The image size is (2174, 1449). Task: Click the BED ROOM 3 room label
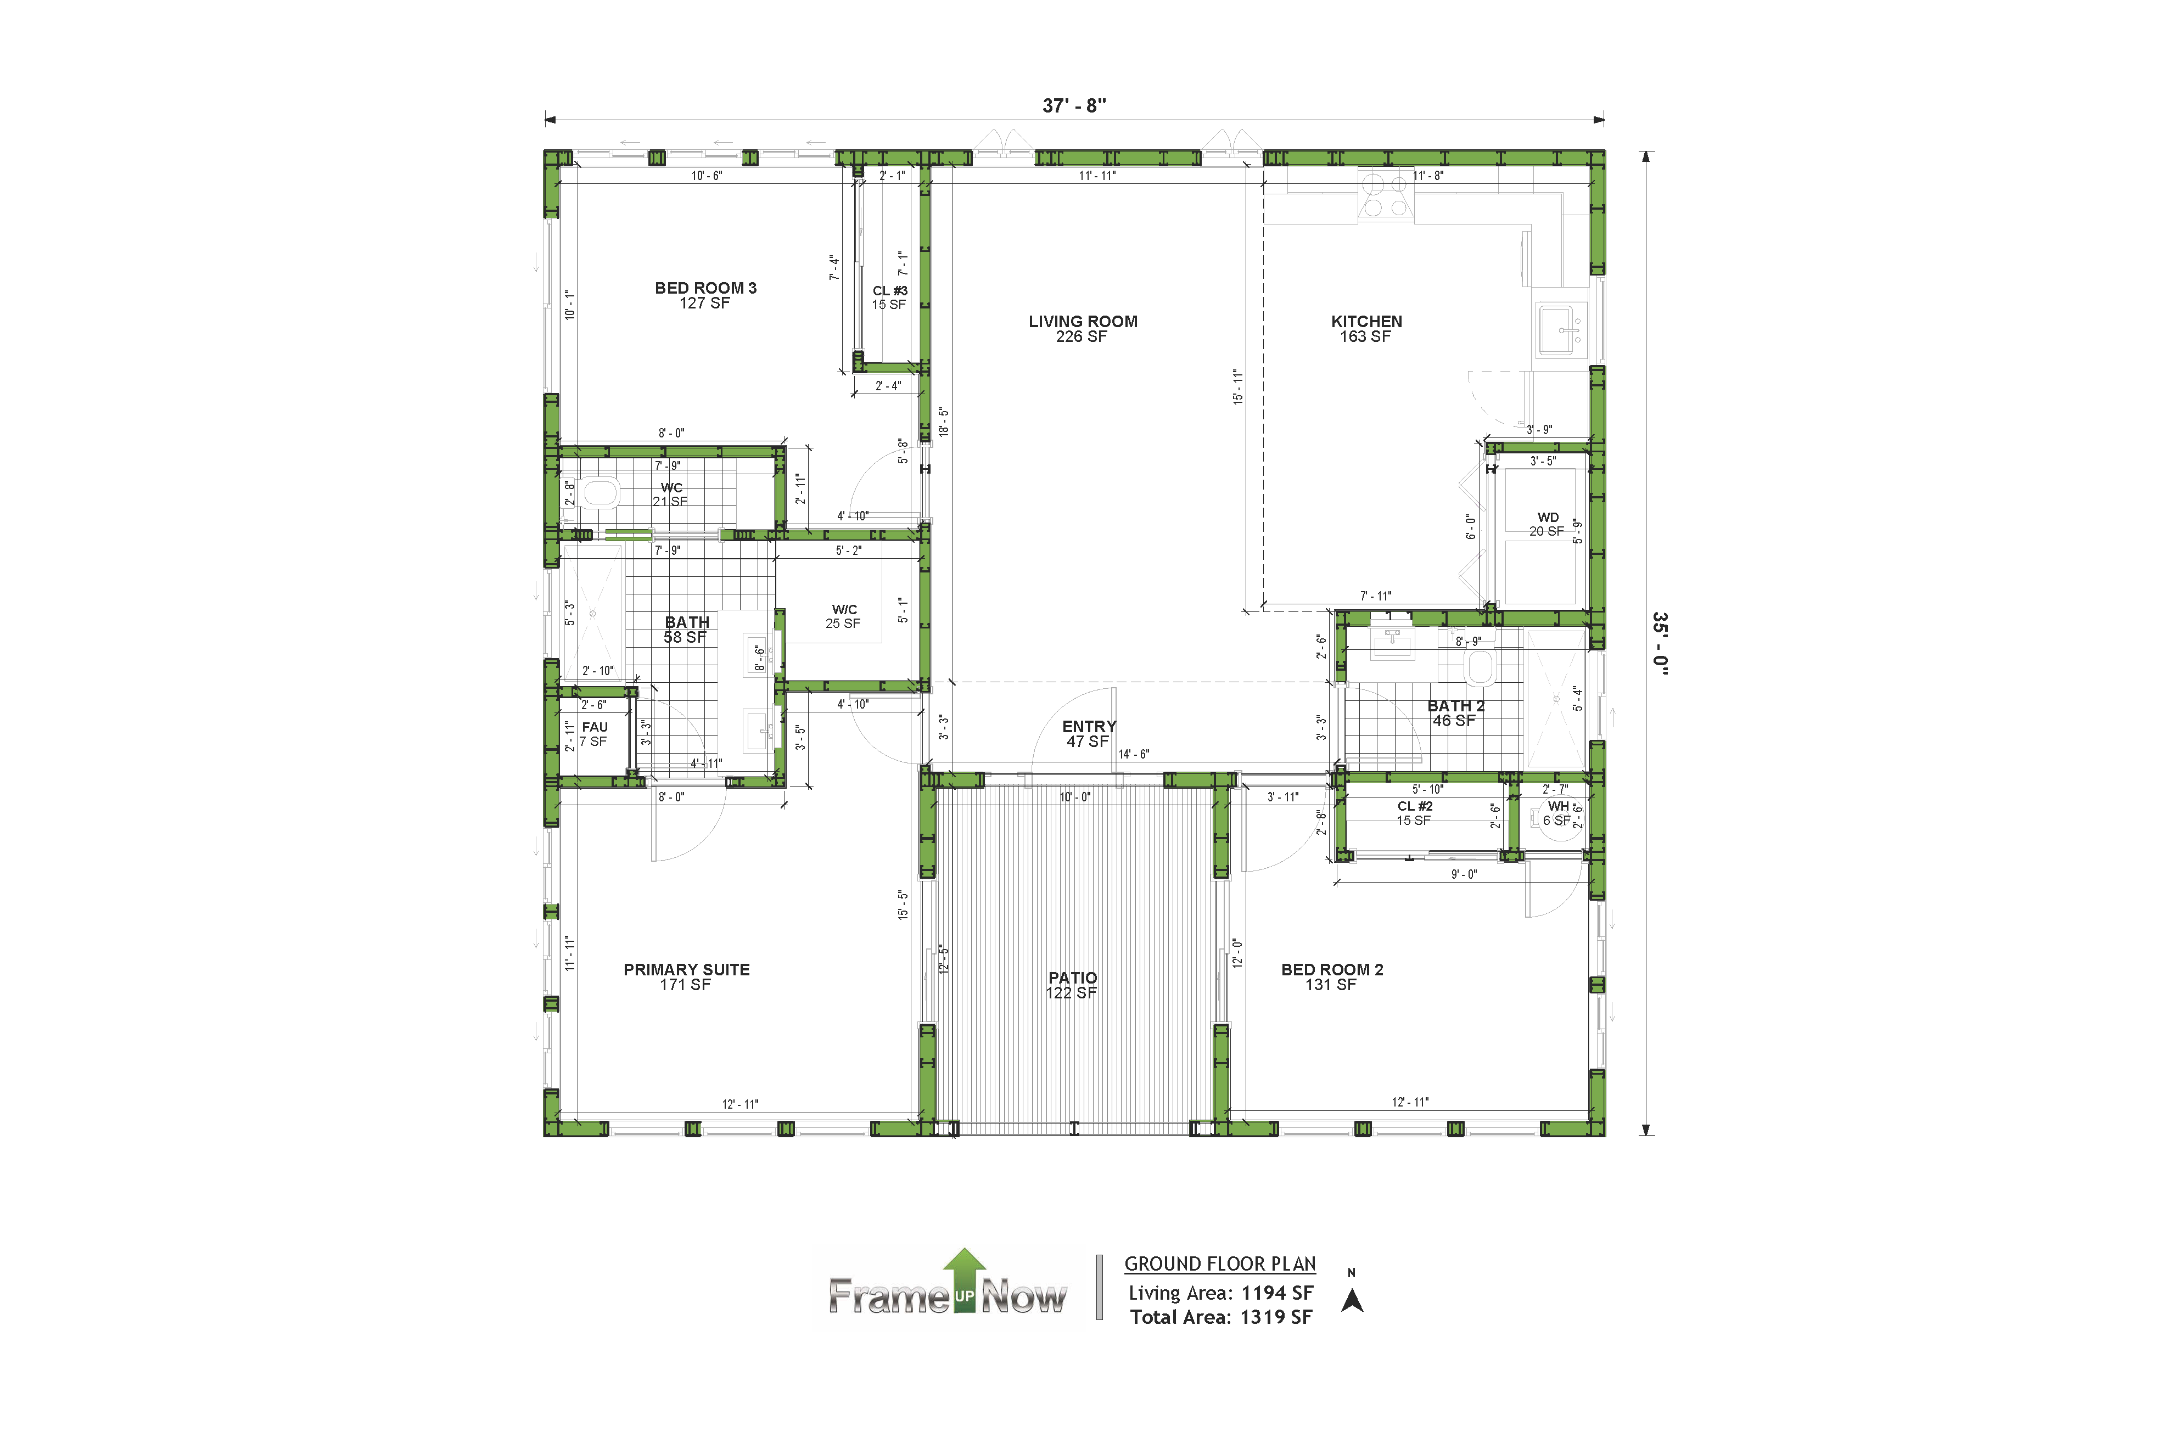point(705,288)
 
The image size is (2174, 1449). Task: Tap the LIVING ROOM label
point(1083,322)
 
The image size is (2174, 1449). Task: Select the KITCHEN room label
point(1366,322)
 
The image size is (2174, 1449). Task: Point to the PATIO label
point(1072,978)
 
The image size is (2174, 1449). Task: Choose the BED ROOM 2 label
point(1332,969)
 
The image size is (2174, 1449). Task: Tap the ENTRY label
point(1089,726)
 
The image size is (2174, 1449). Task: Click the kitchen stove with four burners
point(1386,194)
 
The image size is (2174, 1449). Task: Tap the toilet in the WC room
point(600,493)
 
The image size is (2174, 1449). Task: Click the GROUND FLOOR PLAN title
point(1220,1264)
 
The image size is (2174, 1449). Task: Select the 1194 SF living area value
point(1276,1293)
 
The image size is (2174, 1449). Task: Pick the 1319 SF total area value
point(1275,1317)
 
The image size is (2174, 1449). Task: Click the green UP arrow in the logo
point(964,1280)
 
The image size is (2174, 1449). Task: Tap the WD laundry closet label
point(1547,518)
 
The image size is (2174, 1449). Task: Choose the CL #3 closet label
point(890,290)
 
